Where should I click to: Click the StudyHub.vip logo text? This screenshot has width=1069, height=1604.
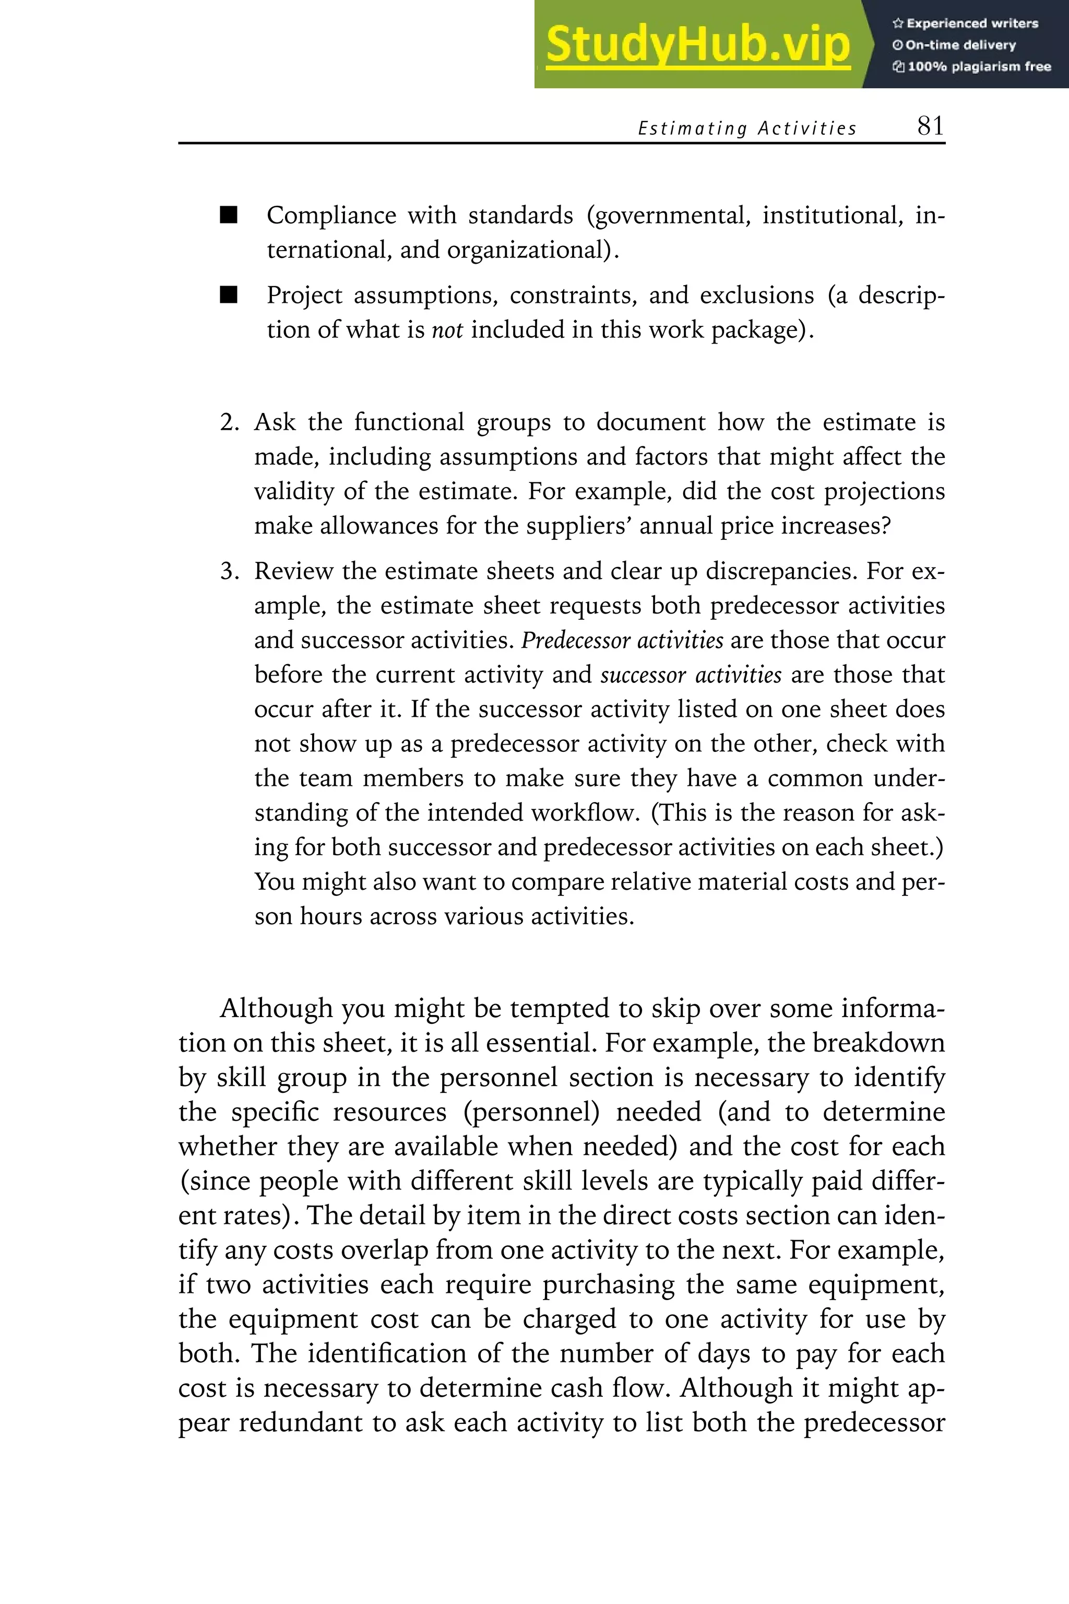(697, 44)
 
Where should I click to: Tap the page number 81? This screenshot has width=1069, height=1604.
(930, 126)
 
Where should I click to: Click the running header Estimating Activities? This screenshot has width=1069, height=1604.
(746, 128)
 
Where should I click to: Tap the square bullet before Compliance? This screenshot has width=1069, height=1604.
(229, 216)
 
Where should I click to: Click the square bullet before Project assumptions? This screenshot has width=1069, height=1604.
(229, 296)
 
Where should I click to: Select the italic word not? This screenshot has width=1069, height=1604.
(447, 330)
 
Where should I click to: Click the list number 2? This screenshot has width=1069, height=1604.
(229, 422)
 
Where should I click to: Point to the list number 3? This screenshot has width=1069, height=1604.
(229, 571)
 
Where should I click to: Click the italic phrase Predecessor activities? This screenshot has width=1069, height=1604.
(622, 640)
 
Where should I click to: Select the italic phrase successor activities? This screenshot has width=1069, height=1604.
(691, 675)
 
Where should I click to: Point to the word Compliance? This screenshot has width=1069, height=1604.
(331, 216)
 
